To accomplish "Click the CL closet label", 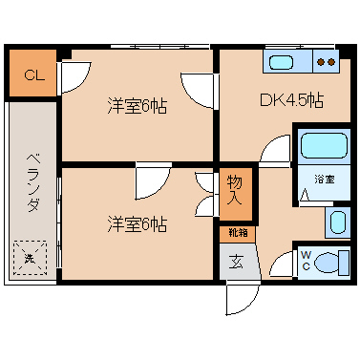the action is [x=34, y=75].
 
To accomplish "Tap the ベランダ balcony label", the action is [x=33, y=182].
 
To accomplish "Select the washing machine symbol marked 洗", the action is [x=30, y=258].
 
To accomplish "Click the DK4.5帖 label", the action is [x=291, y=100].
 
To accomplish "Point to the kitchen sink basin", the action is [x=281, y=62].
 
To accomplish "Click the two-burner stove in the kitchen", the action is [x=327, y=61].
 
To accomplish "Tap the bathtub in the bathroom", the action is [x=324, y=145].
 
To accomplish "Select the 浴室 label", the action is [x=325, y=180].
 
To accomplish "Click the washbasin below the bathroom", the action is [x=337, y=222].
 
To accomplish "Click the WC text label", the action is [x=306, y=261].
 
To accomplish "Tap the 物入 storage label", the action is [x=235, y=190].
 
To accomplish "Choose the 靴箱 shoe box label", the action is [x=238, y=233].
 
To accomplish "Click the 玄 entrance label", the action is [x=236, y=262].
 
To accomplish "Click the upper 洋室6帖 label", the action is [x=137, y=106].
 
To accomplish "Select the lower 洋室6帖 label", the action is [x=137, y=223].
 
